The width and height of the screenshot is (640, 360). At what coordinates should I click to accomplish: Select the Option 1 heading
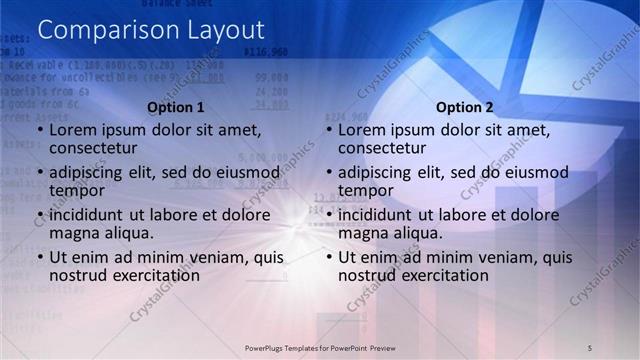click(x=175, y=107)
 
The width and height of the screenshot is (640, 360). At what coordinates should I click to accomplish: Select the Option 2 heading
click(x=465, y=107)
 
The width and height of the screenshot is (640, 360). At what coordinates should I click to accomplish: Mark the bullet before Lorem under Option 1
click(x=40, y=131)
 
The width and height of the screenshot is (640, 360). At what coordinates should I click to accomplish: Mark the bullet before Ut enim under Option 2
click(x=330, y=257)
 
